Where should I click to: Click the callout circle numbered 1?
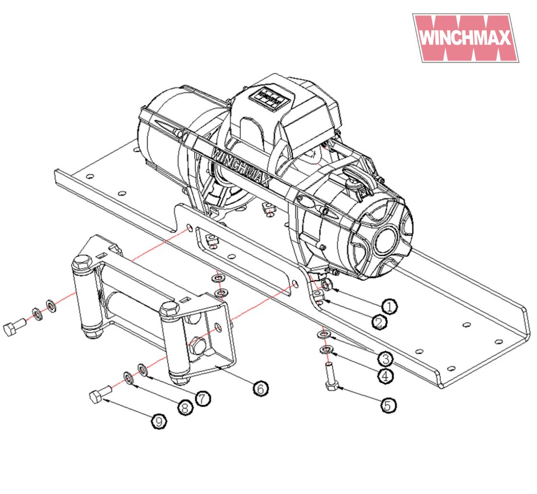(x=389, y=306)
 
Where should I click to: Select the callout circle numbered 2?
(x=379, y=322)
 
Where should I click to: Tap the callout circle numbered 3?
(x=385, y=359)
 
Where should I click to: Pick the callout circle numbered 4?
(x=385, y=376)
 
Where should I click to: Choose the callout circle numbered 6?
(x=261, y=389)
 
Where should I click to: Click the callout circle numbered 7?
(x=203, y=398)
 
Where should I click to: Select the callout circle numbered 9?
(x=159, y=422)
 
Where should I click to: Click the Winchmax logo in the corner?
(x=466, y=38)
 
